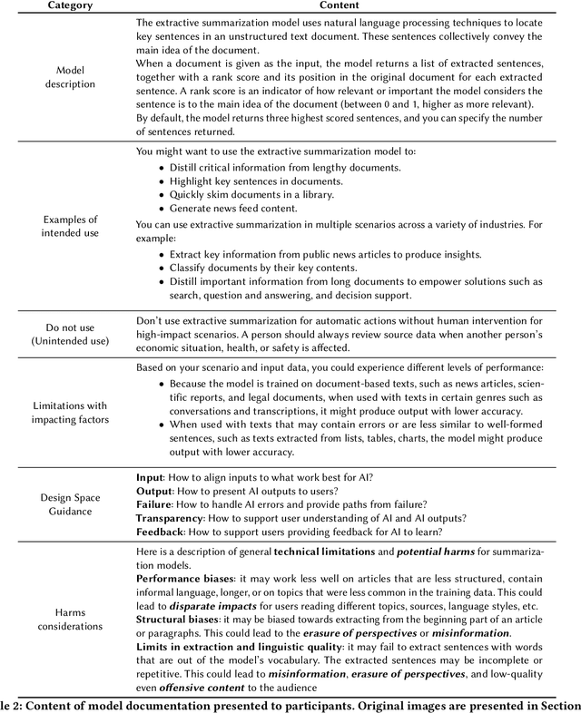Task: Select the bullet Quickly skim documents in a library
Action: (251, 194)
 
